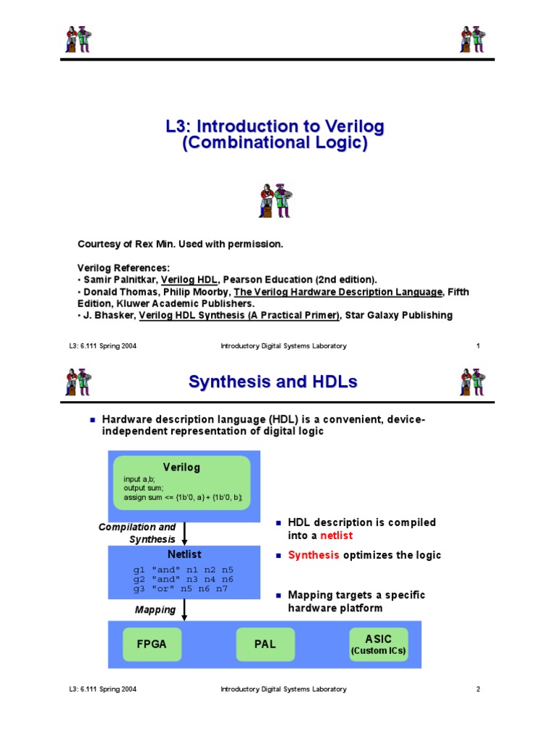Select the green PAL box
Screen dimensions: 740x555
pos(265,644)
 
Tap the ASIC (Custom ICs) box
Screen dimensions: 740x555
pos(378,644)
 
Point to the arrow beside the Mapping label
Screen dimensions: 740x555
pos(185,610)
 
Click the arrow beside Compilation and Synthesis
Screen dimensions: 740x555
pos(185,534)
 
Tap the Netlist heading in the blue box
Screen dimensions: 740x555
pos(184,555)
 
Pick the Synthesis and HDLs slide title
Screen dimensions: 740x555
pos(272,382)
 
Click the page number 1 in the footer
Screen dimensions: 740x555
pos(478,346)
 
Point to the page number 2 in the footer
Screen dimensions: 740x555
pos(478,689)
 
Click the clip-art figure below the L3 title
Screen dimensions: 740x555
pos(275,200)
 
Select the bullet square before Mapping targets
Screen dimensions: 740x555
pos(277,595)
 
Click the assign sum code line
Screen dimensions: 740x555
pos(182,497)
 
